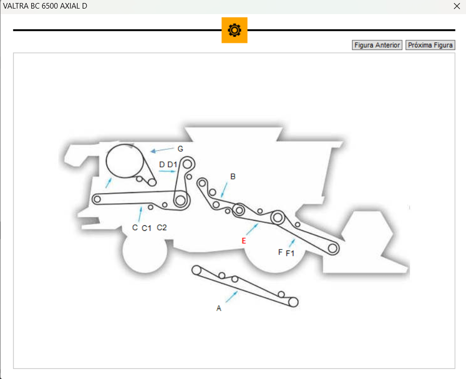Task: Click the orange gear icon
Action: tap(234, 30)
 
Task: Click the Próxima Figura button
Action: tap(430, 45)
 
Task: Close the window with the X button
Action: tap(457, 6)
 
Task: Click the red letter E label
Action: tap(244, 241)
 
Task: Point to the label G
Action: tap(180, 149)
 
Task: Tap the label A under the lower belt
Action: tap(219, 308)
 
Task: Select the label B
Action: tap(233, 176)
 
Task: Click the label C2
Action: tap(162, 228)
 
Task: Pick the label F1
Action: tap(290, 254)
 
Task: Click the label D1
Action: tap(172, 164)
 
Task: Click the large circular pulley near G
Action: tap(124, 161)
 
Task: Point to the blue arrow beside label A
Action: tap(231, 297)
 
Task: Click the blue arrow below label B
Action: tap(224, 190)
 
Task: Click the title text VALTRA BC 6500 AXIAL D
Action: tap(45, 6)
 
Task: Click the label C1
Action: tap(147, 228)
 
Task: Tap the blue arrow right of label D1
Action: tap(167, 171)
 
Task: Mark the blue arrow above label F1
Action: tap(292, 243)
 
